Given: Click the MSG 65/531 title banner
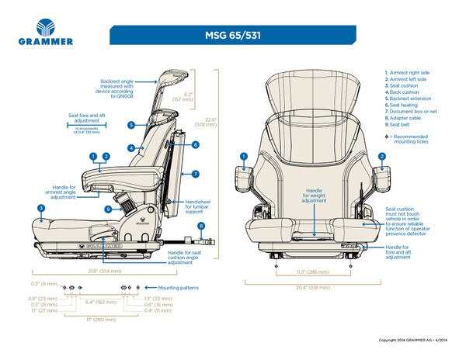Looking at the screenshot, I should tap(232, 36).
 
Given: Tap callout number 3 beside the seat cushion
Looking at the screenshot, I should tap(40, 208).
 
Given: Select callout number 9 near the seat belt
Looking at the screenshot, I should tap(108, 209).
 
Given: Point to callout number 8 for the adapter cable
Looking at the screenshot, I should tap(201, 227).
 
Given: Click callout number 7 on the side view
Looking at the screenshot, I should tap(196, 174).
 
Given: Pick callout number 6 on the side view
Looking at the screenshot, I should tap(196, 144).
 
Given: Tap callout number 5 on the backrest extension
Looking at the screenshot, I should tap(132, 124).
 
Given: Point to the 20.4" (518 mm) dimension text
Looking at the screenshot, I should tap(313, 287).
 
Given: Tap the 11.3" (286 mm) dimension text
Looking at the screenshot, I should tap(313, 273).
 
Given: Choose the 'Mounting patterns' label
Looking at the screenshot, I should tap(178, 288).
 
